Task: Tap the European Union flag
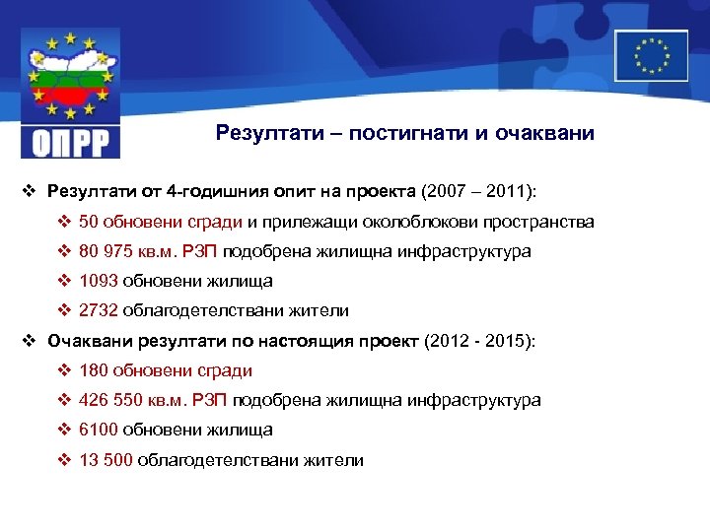[651, 55]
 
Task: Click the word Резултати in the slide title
[258, 133]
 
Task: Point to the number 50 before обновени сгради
[89, 222]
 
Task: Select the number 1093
[98, 281]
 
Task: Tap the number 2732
[98, 310]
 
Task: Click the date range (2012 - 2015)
[478, 341]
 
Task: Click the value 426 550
[112, 400]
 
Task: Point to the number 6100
[98, 430]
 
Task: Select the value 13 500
[106, 459]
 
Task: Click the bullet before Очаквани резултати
[30, 341]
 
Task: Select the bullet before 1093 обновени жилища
[64, 281]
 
